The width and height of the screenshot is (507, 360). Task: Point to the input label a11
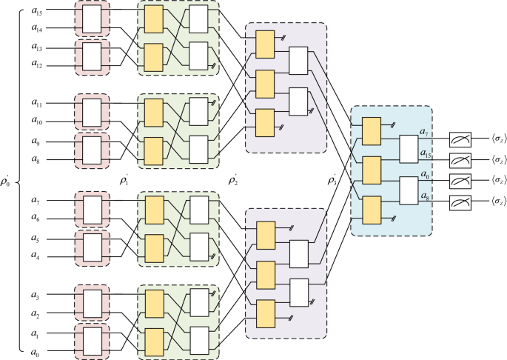click(x=36, y=103)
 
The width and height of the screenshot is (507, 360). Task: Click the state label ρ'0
click(x=7, y=180)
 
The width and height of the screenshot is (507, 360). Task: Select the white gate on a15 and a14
click(x=91, y=21)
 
